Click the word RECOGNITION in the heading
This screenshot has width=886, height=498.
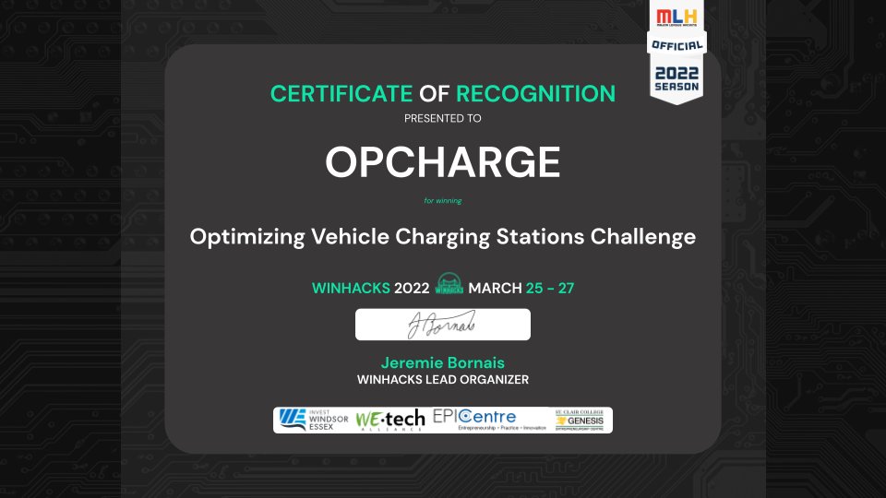pos(535,93)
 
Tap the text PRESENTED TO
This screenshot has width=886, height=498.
pos(443,118)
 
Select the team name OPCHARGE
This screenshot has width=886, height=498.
pos(443,163)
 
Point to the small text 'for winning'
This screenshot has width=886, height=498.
pos(443,200)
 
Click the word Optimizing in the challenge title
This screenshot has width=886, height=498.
pos(245,237)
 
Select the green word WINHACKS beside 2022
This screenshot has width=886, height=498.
pos(351,288)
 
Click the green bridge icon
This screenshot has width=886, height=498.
pos(449,286)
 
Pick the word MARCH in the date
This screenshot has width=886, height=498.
pos(496,288)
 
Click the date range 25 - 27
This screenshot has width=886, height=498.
pos(550,288)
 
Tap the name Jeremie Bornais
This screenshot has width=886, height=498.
pos(443,362)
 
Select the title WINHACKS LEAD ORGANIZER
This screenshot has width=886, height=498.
pos(443,379)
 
